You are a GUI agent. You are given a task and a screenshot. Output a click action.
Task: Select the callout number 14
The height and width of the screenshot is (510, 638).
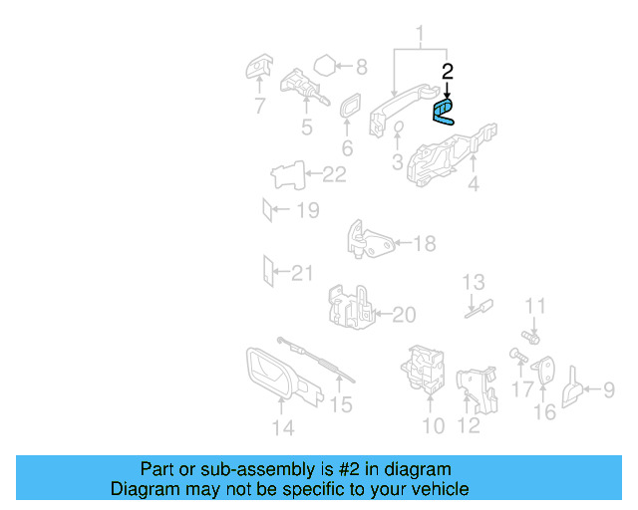click(x=283, y=428)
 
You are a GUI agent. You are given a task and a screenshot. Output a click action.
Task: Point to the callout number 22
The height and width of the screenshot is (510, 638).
click(x=334, y=175)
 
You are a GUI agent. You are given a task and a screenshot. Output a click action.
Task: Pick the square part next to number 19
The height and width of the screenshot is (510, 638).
click(x=266, y=210)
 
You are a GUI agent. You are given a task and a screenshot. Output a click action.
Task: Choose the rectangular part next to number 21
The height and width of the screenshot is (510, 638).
click(x=266, y=270)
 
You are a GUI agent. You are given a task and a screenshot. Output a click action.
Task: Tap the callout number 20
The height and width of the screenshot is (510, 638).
click(x=403, y=316)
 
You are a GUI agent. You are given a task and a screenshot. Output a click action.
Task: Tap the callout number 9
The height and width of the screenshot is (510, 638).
click(x=608, y=391)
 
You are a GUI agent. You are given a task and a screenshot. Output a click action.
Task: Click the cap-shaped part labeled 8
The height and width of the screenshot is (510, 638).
click(x=323, y=68)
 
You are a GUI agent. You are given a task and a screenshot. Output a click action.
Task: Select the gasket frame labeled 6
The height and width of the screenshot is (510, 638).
click(x=351, y=108)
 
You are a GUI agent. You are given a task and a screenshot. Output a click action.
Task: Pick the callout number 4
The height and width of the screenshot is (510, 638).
click(x=473, y=184)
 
